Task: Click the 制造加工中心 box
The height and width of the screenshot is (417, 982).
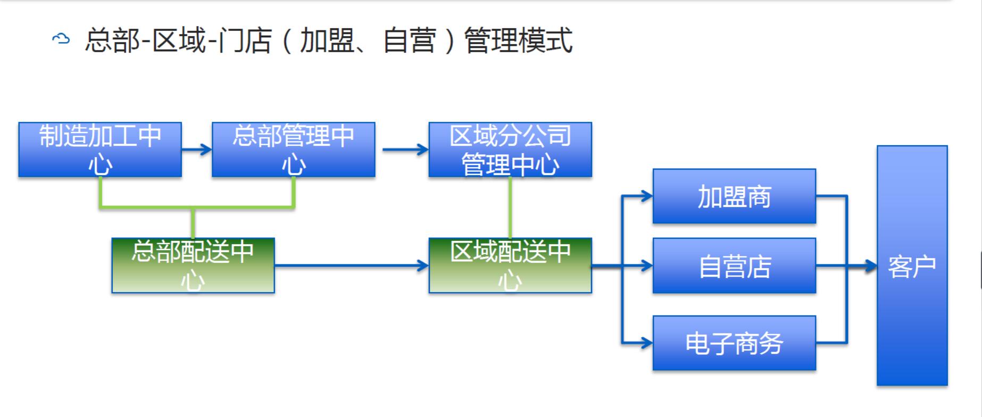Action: (x=100, y=149)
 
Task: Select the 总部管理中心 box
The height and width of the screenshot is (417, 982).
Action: (x=294, y=149)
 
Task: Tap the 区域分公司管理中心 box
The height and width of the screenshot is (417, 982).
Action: (x=510, y=149)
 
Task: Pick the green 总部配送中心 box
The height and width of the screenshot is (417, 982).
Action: (x=193, y=265)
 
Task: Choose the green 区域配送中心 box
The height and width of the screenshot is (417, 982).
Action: (x=510, y=265)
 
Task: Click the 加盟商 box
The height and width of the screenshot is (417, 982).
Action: (x=734, y=196)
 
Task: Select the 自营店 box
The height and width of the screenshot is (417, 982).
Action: (x=734, y=265)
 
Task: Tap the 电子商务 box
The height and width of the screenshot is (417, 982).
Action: (x=734, y=343)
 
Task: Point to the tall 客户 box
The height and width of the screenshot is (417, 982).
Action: (x=912, y=265)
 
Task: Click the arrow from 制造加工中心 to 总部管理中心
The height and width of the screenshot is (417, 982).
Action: (x=197, y=149)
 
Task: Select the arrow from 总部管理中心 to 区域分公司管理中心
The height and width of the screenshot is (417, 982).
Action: (x=405, y=149)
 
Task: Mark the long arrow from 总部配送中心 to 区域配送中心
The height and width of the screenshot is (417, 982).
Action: (x=352, y=265)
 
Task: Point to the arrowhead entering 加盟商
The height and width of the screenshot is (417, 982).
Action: (x=647, y=196)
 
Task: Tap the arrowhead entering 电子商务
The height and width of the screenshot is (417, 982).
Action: (x=647, y=343)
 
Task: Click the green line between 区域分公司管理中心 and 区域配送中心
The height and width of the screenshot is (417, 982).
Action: (x=510, y=207)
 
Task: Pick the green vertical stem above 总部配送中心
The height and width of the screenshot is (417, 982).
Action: (x=193, y=223)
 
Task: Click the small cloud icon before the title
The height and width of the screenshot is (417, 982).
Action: (x=61, y=39)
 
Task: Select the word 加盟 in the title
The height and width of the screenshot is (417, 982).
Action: (x=327, y=40)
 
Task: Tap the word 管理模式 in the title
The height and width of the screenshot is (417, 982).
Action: (x=518, y=40)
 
